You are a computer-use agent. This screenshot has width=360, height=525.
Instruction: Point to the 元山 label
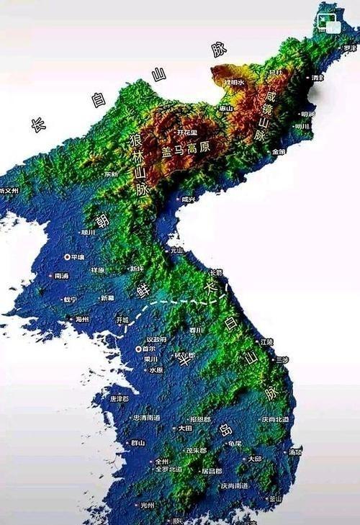176,251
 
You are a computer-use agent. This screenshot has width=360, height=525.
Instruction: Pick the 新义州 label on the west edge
9,191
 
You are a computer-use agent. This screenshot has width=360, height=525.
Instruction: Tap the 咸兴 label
187,199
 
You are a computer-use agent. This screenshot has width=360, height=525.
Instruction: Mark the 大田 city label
186,428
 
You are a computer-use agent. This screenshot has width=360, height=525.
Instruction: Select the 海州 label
82,319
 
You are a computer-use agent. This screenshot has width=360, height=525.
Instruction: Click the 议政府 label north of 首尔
156,338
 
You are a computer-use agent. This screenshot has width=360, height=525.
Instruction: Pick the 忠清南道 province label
147,418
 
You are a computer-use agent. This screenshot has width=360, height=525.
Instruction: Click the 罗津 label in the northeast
350,48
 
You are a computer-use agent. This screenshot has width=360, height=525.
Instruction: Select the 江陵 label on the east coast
266,341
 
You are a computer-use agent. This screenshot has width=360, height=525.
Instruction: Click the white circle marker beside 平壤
68,256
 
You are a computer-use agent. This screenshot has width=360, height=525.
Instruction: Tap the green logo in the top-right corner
330,24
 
